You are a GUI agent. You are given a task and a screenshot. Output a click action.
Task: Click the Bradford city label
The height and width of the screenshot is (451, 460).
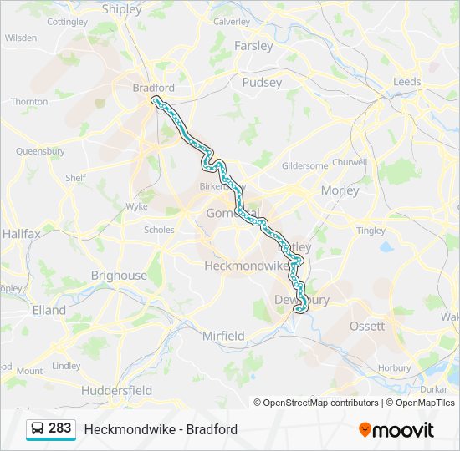click(153, 87)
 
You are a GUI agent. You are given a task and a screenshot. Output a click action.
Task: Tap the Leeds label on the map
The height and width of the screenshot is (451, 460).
click(407, 82)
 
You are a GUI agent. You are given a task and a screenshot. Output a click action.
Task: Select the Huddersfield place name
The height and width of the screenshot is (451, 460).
click(116, 390)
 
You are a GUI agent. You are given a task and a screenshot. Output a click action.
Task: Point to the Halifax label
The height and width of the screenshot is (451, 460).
click(21, 234)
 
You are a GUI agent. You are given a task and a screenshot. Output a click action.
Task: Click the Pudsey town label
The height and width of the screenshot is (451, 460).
click(262, 82)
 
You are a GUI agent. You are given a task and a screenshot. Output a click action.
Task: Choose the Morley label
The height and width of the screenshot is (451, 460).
click(340, 190)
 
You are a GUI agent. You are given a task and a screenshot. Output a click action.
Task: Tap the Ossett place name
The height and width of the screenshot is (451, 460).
click(367, 326)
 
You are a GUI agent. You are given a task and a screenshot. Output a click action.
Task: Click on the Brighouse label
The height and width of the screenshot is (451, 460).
click(119, 276)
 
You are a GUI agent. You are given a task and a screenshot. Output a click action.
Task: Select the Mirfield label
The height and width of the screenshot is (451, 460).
click(223, 336)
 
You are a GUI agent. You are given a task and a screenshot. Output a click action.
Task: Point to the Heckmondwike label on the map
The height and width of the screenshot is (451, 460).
click(246, 266)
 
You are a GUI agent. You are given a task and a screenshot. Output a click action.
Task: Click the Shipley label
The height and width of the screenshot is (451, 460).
click(122, 9)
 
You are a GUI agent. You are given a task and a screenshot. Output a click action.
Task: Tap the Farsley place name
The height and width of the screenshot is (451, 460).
click(253, 46)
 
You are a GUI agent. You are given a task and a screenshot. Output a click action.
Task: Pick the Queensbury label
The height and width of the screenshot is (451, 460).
click(40, 151)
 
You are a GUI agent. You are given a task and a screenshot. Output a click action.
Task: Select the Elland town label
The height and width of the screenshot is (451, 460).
click(49, 310)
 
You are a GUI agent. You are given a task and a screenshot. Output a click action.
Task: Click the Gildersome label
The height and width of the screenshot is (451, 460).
click(305, 165)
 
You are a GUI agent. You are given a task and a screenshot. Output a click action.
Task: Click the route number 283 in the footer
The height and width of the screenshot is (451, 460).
click(59, 428)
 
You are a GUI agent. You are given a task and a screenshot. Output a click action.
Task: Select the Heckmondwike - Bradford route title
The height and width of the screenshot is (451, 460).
click(161, 429)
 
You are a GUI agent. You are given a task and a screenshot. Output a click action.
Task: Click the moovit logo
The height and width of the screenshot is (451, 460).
click(396, 430)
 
